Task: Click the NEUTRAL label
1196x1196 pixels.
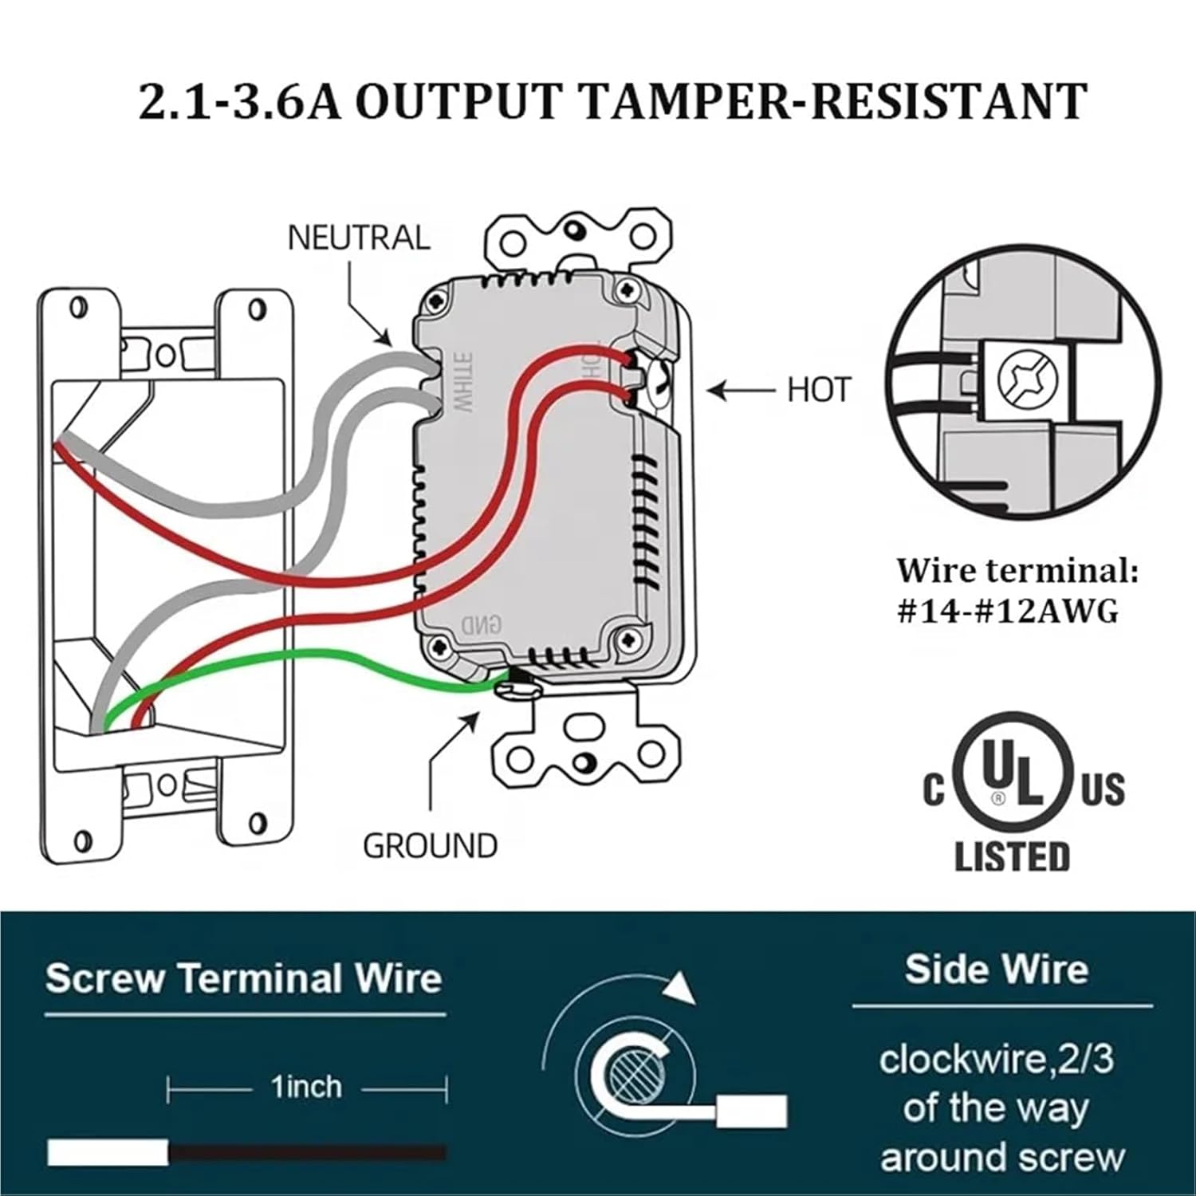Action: click(358, 238)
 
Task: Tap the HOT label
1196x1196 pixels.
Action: click(820, 390)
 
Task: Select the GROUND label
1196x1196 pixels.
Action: click(430, 845)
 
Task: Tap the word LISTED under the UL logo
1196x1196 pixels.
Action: click(1012, 856)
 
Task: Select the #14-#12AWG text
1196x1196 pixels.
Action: click(1008, 611)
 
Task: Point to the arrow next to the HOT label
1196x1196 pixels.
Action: click(742, 391)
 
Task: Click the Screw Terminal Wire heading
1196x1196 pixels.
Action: click(243, 978)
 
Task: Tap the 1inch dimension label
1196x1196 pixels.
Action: click(306, 1087)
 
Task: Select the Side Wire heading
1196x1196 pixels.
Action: click(996, 970)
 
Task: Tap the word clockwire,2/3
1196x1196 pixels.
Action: click(996, 1060)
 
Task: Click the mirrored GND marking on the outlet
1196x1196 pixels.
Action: click(482, 624)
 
